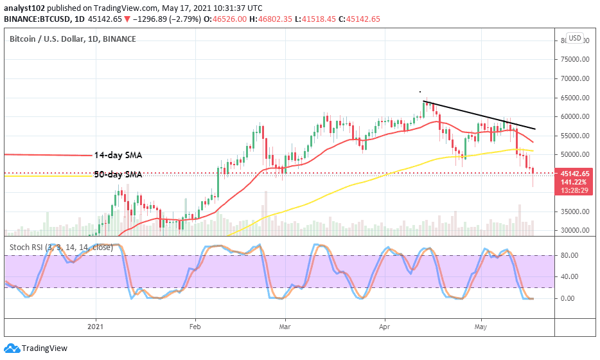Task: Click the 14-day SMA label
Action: (118, 156)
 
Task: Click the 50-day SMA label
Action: (118, 174)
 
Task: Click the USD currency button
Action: (574, 39)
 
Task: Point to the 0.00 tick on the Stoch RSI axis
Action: (567, 298)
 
